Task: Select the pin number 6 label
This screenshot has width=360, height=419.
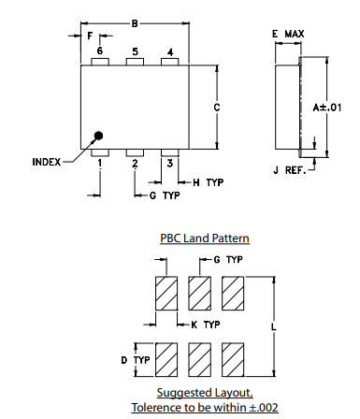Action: point(99,51)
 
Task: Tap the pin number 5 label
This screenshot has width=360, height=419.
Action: point(135,51)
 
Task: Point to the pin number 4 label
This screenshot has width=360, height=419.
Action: point(169,51)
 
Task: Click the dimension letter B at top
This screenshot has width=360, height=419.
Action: point(135,23)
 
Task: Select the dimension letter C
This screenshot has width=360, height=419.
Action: point(217,107)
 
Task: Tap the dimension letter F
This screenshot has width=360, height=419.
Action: point(90,36)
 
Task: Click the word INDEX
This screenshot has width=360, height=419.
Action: point(46,162)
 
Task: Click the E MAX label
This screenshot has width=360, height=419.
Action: point(287,34)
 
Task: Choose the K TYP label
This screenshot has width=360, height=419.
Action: point(205,324)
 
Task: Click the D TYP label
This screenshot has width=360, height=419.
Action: point(136,359)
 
